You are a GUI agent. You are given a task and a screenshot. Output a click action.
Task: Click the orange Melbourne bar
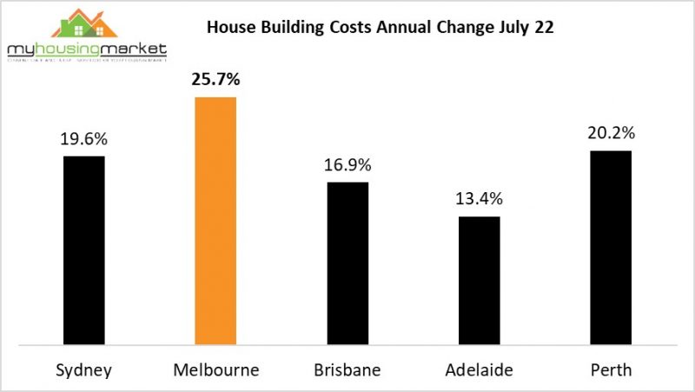click(x=215, y=219)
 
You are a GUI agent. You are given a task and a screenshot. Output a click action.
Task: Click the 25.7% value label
click(x=215, y=81)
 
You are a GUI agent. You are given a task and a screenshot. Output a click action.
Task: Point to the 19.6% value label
click(x=83, y=139)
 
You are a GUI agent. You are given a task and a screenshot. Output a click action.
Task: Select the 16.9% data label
click(x=347, y=165)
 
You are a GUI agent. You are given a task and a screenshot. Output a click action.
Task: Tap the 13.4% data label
click(x=479, y=199)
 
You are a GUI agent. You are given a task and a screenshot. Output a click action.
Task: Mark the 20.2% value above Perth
click(x=611, y=134)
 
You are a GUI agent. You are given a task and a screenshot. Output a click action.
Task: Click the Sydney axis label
click(x=83, y=369)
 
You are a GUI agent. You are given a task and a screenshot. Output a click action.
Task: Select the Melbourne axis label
click(x=215, y=369)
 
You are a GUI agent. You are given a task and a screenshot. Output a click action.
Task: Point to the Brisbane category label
click(x=347, y=369)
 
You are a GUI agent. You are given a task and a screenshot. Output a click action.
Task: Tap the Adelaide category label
click(x=479, y=369)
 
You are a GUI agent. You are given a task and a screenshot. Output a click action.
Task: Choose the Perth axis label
click(x=611, y=369)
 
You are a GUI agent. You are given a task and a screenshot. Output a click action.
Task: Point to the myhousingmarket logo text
click(x=86, y=51)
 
